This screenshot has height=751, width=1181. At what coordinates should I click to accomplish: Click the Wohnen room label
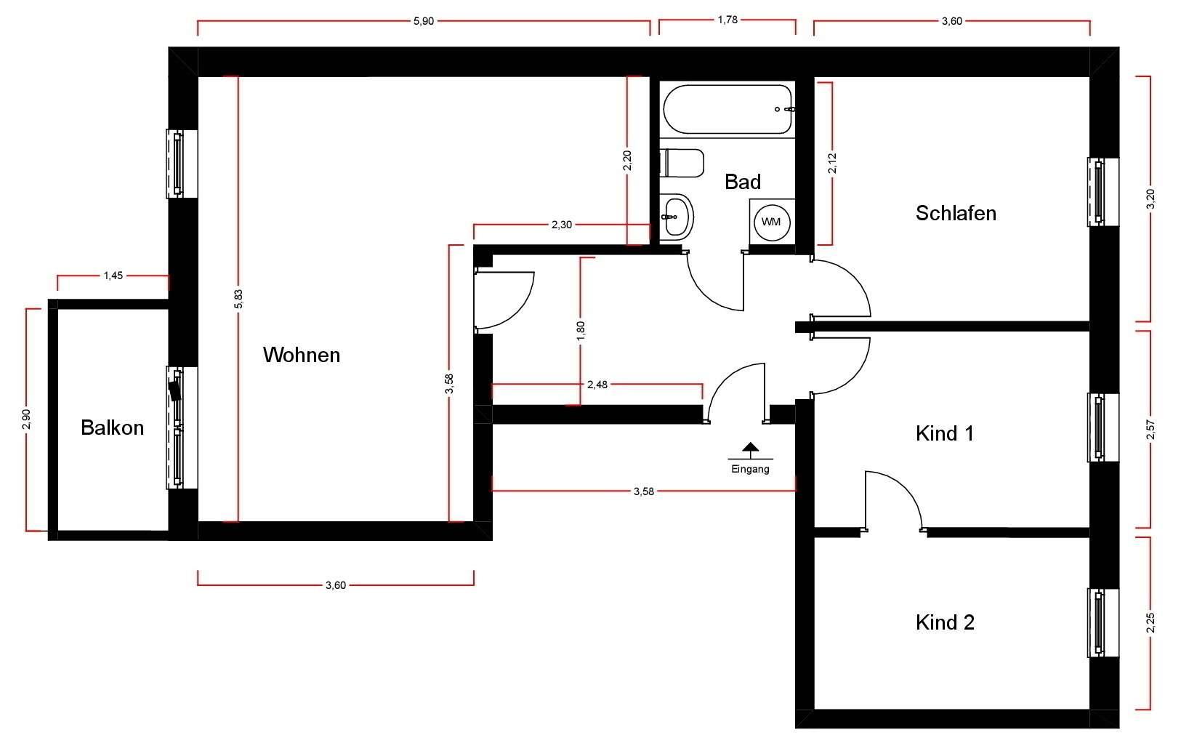pyautogui.click(x=301, y=355)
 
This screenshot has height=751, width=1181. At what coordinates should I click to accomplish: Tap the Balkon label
pyautogui.click(x=112, y=427)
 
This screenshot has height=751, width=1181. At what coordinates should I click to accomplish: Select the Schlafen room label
pyautogui.click(x=955, y=213)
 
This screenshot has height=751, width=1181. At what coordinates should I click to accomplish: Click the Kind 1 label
pyautogui.click(x=944, y=433)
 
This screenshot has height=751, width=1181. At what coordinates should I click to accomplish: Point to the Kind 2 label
pyautogui.click(x=944, y=622)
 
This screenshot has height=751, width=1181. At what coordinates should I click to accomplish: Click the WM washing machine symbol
pyautogui.click(x=771, y=222)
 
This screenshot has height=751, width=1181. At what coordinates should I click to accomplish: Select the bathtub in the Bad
pyautogui.click(x=727, y=109)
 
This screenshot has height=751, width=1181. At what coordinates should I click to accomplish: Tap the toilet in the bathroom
pyautogui.click(x=682, y=163)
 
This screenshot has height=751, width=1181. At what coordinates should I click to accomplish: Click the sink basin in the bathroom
pyautogui.click(x=677, y=215)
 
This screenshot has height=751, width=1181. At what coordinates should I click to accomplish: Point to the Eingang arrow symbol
pyautogui.click(x=750, y=449)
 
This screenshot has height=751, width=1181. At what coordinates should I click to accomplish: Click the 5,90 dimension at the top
pyautogui.click(x=423, y=21)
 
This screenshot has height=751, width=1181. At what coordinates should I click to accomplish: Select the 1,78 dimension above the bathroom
pyautogui.click(x=727, y=20)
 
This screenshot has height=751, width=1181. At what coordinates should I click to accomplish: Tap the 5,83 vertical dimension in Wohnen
pyautogui.click(x=238, y=299)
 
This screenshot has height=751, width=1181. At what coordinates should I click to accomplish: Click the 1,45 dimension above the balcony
pyautogui.click(x=113, y=276)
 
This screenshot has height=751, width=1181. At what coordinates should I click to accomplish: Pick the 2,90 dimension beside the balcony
pyautogui.click(x=27, y=419)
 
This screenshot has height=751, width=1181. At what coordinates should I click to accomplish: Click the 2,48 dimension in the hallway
pyautogui.click(x=597, y=385)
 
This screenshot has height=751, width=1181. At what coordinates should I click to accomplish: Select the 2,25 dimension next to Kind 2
pyautogui.click(x=1150, y=623)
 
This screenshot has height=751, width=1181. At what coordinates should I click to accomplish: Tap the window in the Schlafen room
pyautogui.click(x=1097, y=191)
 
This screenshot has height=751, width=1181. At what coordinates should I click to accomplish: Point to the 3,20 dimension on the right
pyautogui.click(x=1150, y=198)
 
